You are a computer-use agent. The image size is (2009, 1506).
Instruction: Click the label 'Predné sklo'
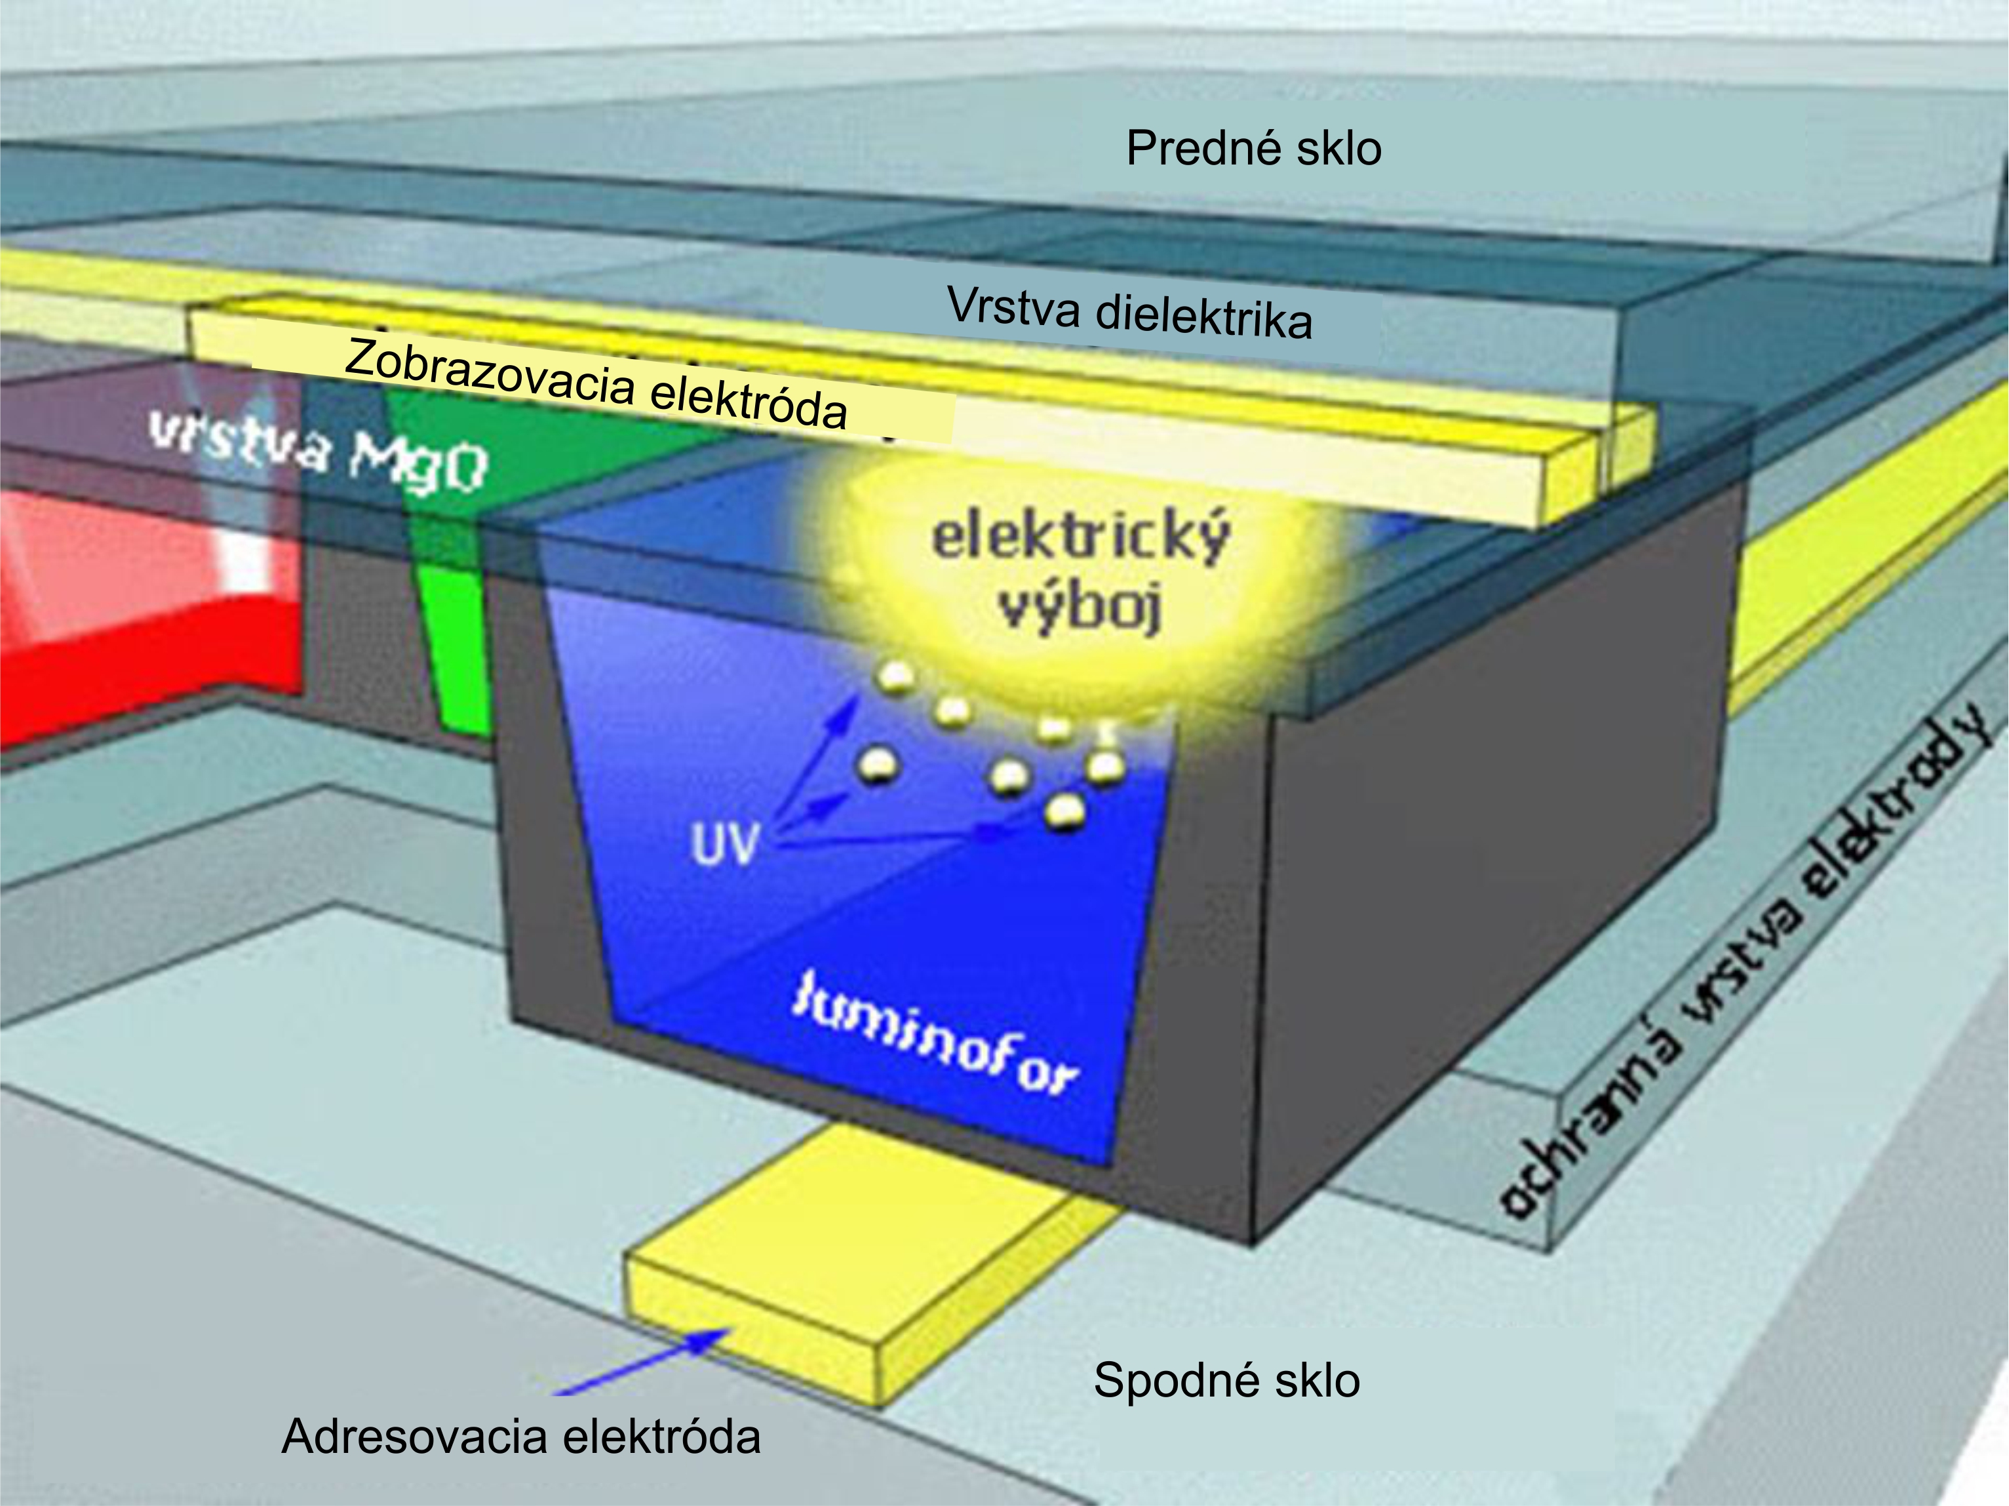[1253, 148]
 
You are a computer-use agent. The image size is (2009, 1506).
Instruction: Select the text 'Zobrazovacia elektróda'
[596, 383]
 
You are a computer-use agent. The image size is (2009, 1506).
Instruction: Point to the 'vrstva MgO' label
[318, 452]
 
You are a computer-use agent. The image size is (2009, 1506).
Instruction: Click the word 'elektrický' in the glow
[1081, 536]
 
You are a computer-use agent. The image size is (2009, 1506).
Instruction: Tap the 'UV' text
[724, 845]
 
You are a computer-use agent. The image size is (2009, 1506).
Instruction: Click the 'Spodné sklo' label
[1226, 1380]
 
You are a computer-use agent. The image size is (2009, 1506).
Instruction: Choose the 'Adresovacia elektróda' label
[520, 1436]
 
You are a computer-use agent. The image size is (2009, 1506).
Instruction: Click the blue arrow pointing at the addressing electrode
[645, 1360]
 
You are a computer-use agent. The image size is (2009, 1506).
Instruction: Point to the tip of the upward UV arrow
[853, 701]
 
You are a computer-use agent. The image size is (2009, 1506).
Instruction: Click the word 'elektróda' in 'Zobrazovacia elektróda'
[749, 400]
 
